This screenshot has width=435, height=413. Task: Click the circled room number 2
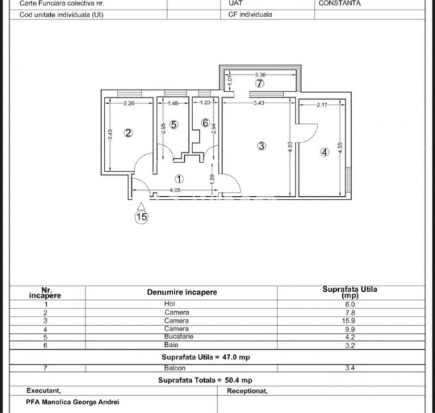tap(127, 134)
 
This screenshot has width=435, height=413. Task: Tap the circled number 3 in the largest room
tap(261, 145)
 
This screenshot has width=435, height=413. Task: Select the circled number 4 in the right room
tap(324, 152)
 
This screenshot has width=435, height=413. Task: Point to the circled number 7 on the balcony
tap(259, 84)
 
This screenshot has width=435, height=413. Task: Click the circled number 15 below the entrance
tap(141, 218)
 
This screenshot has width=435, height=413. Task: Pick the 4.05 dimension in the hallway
tap(175, 189)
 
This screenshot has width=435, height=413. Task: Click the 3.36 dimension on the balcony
tap(260, 74)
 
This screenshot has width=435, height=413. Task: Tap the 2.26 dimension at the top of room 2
tap(129, 104)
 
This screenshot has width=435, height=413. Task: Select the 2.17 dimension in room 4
tap(324, 105)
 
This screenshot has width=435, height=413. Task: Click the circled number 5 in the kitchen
tap(173, 125)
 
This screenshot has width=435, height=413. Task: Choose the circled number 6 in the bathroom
tap(205, 123)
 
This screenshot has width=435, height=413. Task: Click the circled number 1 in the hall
tap(179, 179)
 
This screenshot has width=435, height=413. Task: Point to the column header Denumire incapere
tap(182, 292)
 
